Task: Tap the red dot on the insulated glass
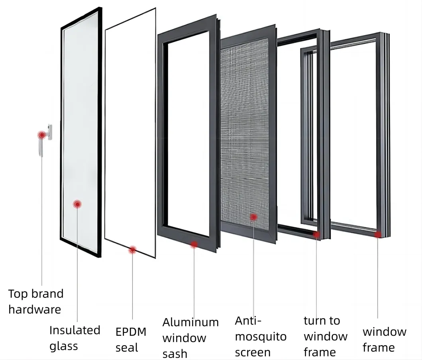coord(77,204)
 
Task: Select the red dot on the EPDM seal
coord(132,250)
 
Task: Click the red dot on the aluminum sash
coord(194,244)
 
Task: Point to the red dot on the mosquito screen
coord(253,217)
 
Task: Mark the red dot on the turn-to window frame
coord(316,235)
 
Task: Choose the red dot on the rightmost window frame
coord(377,235)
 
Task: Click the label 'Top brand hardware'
coord(35,301)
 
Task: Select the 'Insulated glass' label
coord(75,338)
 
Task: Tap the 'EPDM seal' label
coord(131,339)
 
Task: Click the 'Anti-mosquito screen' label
coord(260,336)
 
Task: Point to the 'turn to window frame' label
coord(325,336)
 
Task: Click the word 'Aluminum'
coord(190,322)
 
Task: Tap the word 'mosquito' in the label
coord(260,336)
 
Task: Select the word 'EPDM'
coord(131,332)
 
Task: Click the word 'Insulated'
coord(75,330)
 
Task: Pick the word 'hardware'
coord(35,309)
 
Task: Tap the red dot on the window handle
coord(41,135)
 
